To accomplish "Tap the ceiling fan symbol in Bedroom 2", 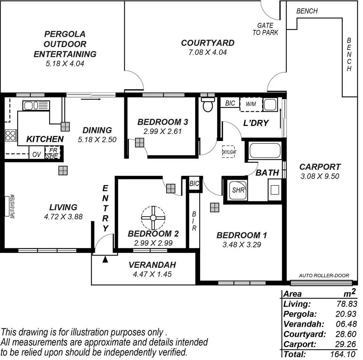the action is click(x=153, y=218).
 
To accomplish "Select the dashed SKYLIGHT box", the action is click(x=229, y=152).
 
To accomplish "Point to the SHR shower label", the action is click(x=238, y=190).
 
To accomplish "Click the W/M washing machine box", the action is click(x=251, y=104).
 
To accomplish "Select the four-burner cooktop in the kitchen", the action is click(x=10, y=135).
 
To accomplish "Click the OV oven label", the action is click(x=37, y=154).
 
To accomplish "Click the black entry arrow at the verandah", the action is click(x=105, y=259).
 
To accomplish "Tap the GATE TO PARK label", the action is click(x=265, y=29).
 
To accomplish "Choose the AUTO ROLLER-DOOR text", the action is click(x=324, y=276).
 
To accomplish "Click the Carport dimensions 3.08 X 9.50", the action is click(x=320, y=176).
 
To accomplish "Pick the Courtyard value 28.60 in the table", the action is click(x=346, y=334).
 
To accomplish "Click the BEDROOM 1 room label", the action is click(x=241, y=235).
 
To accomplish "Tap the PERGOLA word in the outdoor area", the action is click(x=65, y=34).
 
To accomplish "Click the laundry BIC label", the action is click(x=230, y=103).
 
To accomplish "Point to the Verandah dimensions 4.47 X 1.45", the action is click(x=152, y=274).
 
